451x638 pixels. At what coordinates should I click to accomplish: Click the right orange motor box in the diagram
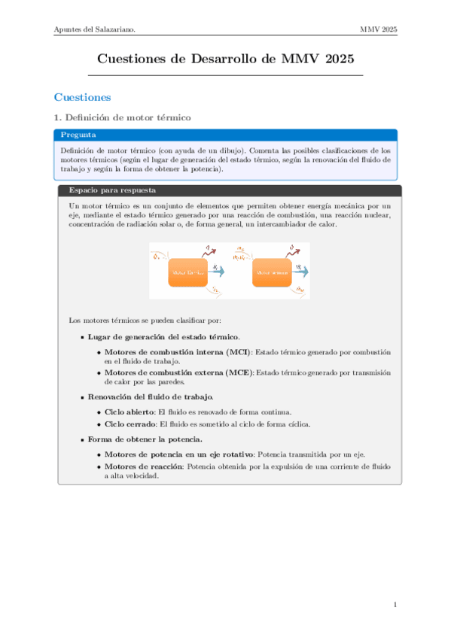(272, 272)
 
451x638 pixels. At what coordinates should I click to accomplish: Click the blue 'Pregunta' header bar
(226, 135)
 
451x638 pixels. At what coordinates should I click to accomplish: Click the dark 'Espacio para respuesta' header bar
(226, 190)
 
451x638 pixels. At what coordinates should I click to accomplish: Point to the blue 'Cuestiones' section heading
(82, 98)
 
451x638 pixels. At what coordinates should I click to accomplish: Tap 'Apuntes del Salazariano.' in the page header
(94, 29)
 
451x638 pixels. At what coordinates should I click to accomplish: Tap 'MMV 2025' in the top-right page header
(379, 29)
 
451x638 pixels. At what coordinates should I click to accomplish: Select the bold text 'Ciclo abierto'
(128, 412)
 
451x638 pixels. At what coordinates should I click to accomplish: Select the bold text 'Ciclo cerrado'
(129, 424)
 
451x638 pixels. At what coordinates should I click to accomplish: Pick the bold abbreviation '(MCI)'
(239, 352)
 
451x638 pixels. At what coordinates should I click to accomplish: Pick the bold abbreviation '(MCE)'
(240, 372)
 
